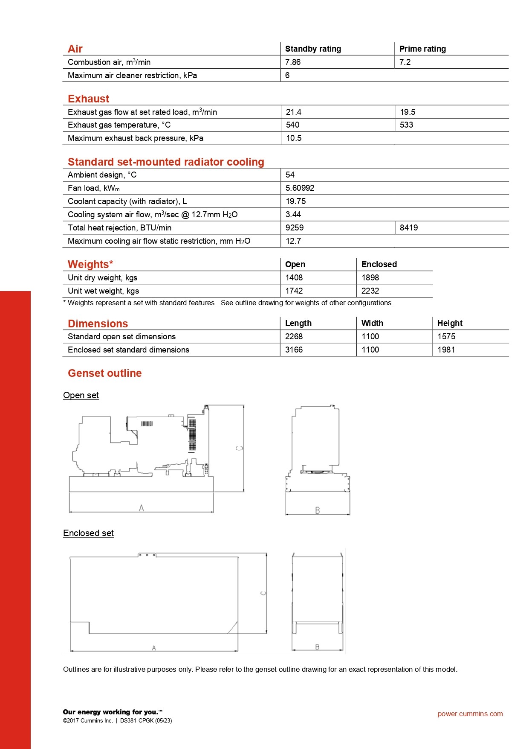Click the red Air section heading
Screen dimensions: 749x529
[75, 49]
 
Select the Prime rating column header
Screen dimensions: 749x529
[422, 49]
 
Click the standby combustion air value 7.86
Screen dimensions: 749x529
[293, 62]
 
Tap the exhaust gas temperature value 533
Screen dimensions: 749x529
[406, 125]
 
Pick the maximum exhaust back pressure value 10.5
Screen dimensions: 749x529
[294, 138]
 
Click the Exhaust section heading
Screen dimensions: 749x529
[88, 99]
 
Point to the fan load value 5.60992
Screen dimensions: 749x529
[300, 188]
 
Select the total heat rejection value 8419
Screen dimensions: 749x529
[408, 227]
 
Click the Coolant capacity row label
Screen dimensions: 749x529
[127, 201]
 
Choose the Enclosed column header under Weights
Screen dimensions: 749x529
[379, 264]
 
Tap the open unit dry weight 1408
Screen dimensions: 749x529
[294, 277]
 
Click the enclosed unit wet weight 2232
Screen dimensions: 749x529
[370, 291]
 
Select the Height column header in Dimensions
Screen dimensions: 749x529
[450, 323]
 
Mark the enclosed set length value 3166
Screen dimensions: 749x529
[294, 350]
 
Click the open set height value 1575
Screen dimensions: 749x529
[446, 336]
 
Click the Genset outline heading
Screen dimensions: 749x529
[104, 373]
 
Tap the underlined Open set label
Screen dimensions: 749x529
[81, 395]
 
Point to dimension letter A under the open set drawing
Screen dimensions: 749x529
[142, 508]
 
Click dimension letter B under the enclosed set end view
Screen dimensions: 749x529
[317, 647]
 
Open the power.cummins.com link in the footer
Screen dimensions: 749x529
[470, 714]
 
